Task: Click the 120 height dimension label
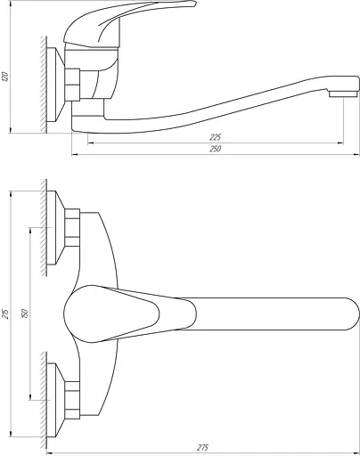[x=5, y=77]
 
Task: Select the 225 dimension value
[x=216, y=137]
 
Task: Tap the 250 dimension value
[x=216, y=149]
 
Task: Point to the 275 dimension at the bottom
[x=203, y=447]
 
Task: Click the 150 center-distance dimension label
[x=25, y=313]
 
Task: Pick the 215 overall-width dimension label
[x=5, y=313]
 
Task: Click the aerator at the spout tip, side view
[x=343, y=94]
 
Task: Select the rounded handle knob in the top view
[x=111, y=313]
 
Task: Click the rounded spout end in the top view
[x=352, y=313]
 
